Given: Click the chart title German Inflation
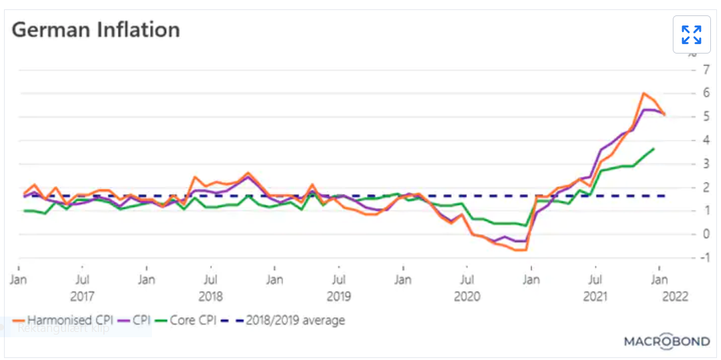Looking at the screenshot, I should [96, 30].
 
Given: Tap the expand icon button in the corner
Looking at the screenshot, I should [691, 34].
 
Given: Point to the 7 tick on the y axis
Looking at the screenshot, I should [704, 70].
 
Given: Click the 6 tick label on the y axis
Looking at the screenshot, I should [704, 94].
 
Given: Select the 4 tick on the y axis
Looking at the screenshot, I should [704, 141].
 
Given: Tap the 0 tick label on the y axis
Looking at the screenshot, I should [704, 234].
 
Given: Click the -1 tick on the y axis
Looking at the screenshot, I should [702, 258].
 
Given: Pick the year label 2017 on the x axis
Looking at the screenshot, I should [82, 296].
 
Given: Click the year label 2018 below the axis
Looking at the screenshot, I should [210, 296].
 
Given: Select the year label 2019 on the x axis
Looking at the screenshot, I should [338, 296].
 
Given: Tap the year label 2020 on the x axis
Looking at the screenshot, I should [467, 296].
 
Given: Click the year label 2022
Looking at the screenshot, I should [673, 296].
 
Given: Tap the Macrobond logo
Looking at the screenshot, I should [666, 341].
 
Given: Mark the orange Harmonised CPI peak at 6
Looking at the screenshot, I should [643, 93].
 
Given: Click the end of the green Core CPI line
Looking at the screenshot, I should [653, 149].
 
